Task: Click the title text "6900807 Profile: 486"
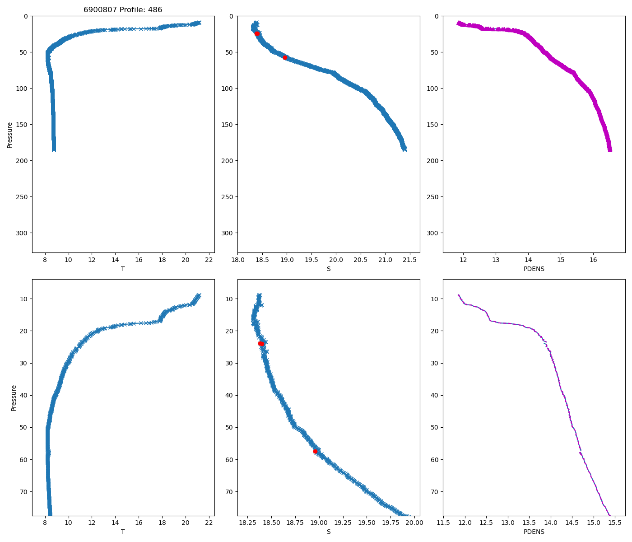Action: coord(123,10)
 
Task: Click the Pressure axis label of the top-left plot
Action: coord(10,135)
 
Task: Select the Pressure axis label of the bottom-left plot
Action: coord(14,398)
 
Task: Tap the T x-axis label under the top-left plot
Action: coord(123,269)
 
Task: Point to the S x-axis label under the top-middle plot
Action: coord(329,269)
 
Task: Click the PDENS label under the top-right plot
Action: coord(534,269)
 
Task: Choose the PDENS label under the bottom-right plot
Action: coord(534,532)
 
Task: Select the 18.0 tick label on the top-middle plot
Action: coord(238,260)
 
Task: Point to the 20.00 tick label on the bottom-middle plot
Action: coord(414,523)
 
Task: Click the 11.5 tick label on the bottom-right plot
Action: coord(443,523)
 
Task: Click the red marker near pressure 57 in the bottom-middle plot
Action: coord(315,451)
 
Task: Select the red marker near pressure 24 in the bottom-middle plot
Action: coord(261,344)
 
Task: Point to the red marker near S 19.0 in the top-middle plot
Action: coord(285,57)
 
